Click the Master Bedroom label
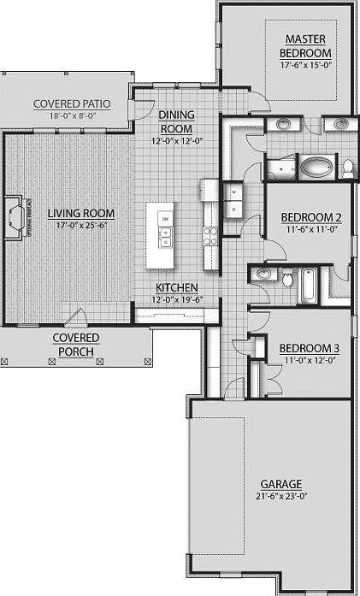click(304, 45)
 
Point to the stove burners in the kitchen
click(208, 234)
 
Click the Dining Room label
click(177, 121)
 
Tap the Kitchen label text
click(177, 287)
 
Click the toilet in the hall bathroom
click(289, 279)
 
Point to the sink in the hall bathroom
click(263, 275)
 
